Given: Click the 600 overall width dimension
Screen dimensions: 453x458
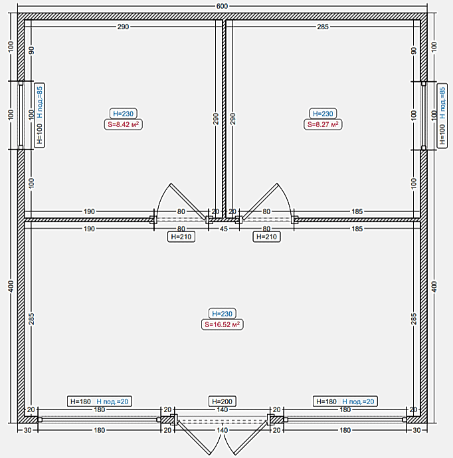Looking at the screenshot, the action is click(x=222, y=6).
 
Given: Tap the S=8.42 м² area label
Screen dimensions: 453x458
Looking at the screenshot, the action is click(x=123, y=124).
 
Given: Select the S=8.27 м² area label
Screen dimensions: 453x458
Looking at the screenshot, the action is click(x=323, y=124).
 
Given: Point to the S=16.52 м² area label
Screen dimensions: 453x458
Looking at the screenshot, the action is click(x=222, y=324).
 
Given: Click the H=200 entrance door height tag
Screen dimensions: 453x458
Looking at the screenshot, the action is click(x=222, y=401).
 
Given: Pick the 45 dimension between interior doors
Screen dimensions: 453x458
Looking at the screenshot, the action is click(x=224, y=229).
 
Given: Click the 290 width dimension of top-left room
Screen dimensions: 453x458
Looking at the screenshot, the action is click(x=123, y=27).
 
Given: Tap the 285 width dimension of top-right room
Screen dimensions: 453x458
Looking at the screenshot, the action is click(x=323, y=27).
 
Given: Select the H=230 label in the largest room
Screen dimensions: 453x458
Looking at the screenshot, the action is click(x=222, y=314).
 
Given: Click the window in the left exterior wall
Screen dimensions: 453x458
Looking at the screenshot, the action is click(x=21, y=116).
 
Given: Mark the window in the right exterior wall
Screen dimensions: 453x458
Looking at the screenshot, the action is click(x=424, y=116).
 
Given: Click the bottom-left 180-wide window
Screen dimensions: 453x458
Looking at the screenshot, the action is click(x=99, y=419).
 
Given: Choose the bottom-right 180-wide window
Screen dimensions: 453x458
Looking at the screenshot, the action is click(x=345, y=419).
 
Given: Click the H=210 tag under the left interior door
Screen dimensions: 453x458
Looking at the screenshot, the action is click(x=181, y=237).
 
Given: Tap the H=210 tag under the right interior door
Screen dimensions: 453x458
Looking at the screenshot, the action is click(x=266, y=237).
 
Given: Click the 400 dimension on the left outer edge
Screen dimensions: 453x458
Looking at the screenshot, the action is click(x=11, y=286).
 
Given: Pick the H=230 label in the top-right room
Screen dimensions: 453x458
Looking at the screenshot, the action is click(x=323, y=114).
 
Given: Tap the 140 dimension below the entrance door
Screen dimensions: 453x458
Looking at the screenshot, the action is click(x=222, y=430).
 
